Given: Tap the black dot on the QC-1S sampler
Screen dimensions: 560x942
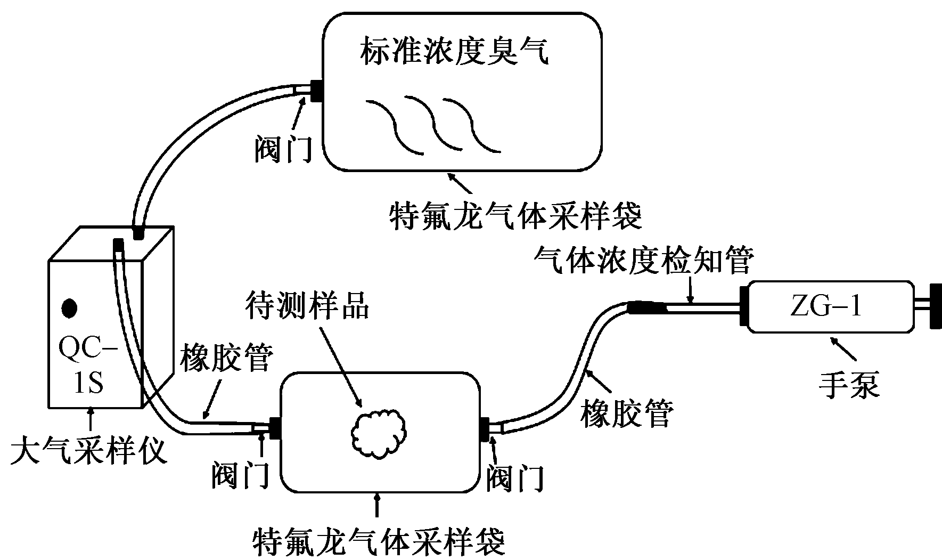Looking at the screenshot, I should [x=70, y=308].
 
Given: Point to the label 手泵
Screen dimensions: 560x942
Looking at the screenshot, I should [x=849, y=384].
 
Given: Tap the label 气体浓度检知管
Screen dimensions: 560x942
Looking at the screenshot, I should [x=644, y=261].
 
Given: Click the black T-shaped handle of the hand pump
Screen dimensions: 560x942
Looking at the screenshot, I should [x=931, y=306].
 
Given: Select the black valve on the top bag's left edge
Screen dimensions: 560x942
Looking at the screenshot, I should [x=316, y=91].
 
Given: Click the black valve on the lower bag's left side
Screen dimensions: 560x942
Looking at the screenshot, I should [x=275, y=428].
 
